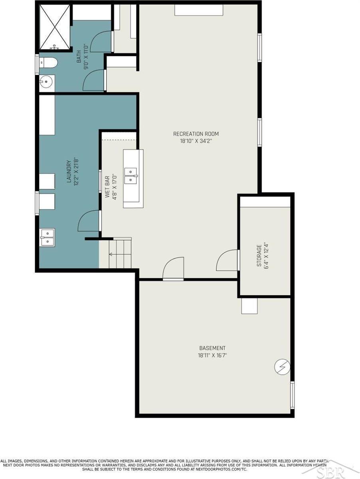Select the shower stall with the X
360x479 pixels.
pos(55,27)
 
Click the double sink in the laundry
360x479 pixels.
pos(47,238)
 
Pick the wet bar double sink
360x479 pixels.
pos(131,176)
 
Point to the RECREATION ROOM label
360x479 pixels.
pos(196,134)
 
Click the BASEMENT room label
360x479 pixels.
pos(212,348)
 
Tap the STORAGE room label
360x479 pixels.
pos(259,255)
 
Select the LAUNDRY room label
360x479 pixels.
pos(69,172)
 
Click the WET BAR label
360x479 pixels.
pos(107,187)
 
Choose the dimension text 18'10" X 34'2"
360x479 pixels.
pos(196,141)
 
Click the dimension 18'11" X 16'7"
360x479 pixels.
pos(212,355)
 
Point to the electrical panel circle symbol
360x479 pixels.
pos(282,367)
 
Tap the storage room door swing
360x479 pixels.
pos(227,260)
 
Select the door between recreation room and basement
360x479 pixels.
pos(174,268)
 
